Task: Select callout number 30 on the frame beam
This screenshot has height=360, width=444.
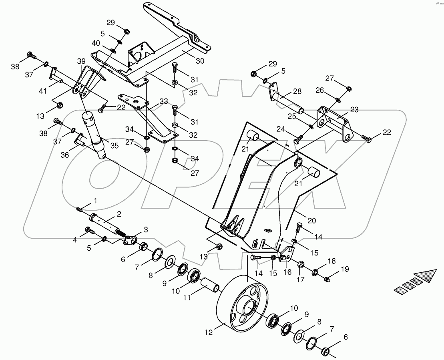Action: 200,61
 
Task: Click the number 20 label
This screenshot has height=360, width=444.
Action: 311,220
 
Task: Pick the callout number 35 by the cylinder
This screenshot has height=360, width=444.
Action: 114,146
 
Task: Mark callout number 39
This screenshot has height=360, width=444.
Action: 81,61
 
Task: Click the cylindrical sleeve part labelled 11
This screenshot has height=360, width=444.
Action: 211,284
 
